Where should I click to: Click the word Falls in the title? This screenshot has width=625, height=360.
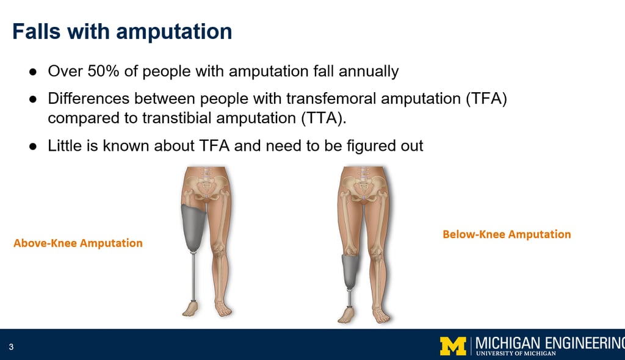coord(37,32)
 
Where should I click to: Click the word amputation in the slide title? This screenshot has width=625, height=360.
coord(174,32)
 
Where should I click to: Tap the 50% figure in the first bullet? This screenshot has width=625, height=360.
coord(103,71)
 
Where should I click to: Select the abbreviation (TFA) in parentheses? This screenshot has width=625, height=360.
coord(486,98)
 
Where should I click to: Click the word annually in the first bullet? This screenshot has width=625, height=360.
coord(369,71)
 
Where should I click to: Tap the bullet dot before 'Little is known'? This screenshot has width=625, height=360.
coord(33,146)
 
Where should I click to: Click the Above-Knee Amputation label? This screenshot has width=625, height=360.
coord(78,243)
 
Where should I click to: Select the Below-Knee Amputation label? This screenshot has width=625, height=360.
coord(507,234)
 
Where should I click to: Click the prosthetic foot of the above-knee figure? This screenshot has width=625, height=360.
coord(190,309)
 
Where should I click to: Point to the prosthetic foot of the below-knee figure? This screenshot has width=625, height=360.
coord(347,315)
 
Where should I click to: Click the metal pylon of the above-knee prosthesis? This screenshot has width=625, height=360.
coord(193,276)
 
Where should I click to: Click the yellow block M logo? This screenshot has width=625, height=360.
coord(453,346)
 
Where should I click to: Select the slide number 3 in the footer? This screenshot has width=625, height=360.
coord(11,347)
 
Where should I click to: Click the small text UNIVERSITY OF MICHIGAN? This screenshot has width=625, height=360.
coord(516,353)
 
